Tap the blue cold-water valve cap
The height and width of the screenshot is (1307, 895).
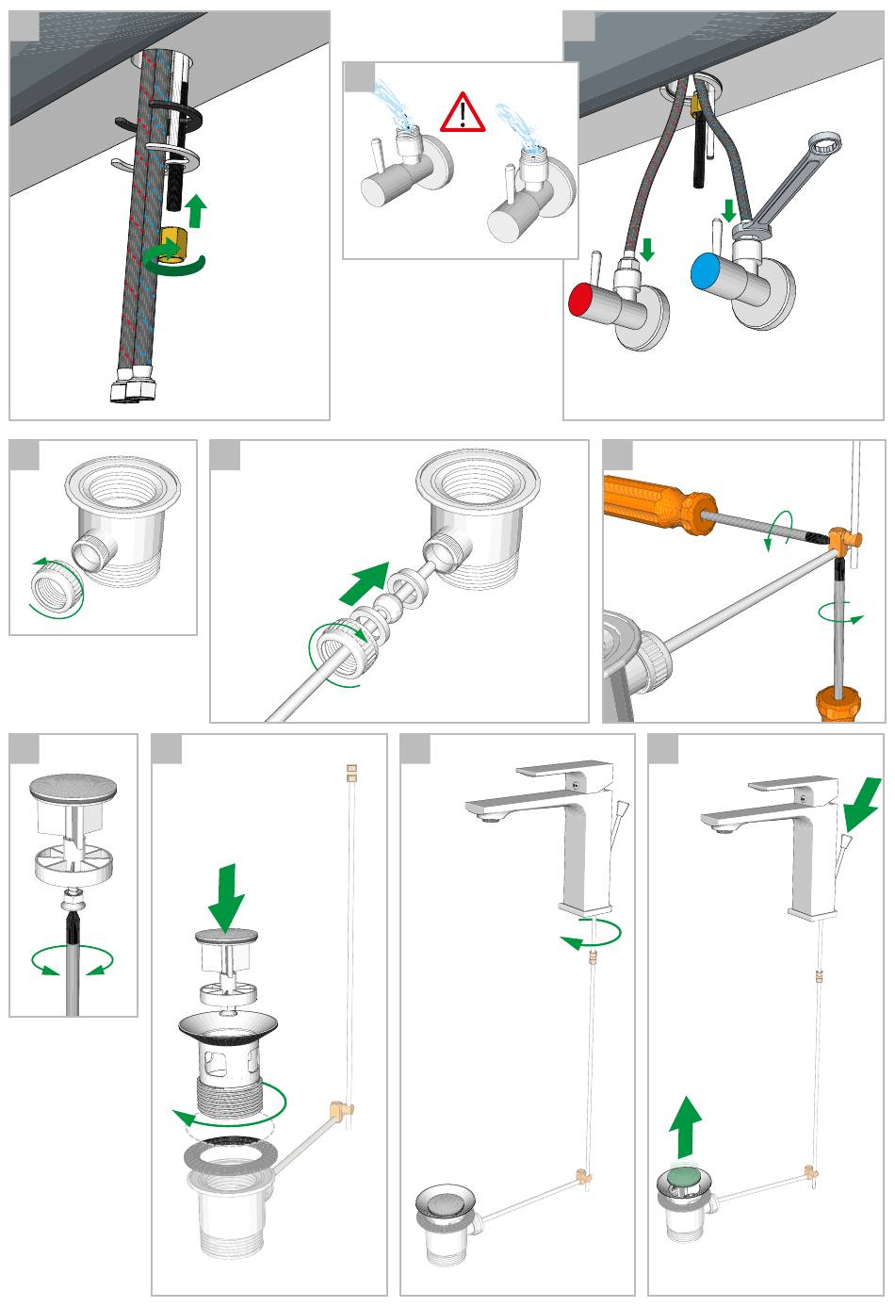pos(705,271)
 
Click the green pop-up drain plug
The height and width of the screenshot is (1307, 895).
pos(683,1178)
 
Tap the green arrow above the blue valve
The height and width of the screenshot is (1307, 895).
pos(727,209)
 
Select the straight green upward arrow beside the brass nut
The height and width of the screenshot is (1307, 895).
pos(195,209)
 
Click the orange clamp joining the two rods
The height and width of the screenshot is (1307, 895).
pos(845,541)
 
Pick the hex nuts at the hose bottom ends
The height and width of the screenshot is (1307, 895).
pos(132,388)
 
